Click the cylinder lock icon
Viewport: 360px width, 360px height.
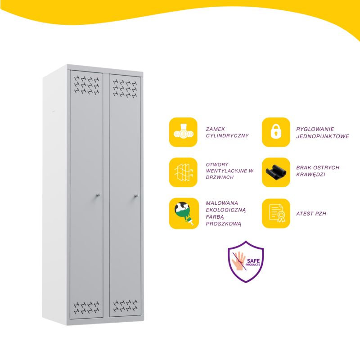[183, 132]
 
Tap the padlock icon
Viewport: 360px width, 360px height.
[276, 132]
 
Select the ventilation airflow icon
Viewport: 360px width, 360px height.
[183, 172]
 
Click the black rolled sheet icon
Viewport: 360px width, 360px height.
[276, 172]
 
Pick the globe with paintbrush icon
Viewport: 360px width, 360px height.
[184, 213]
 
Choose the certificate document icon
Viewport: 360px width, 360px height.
[276, 213]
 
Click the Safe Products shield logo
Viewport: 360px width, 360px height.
[246, 262]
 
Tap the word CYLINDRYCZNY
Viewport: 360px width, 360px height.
[227, 136]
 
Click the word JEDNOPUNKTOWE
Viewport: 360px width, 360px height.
[322, 136]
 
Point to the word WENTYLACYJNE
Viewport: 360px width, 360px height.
[227, 171]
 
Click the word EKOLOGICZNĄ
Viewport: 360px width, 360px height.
[226, 210]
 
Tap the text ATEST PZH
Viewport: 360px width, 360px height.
[311, 213]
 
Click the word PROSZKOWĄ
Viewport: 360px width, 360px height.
[223, 224]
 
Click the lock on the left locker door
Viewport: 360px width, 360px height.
[98, 195]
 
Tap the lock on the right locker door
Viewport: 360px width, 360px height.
[136, 196]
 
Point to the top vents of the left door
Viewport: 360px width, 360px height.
[87, 85]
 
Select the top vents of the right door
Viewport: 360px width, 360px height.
[125, 88]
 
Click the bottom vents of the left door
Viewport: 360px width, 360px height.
[87, 308]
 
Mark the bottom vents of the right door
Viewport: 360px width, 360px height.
[126, 306]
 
